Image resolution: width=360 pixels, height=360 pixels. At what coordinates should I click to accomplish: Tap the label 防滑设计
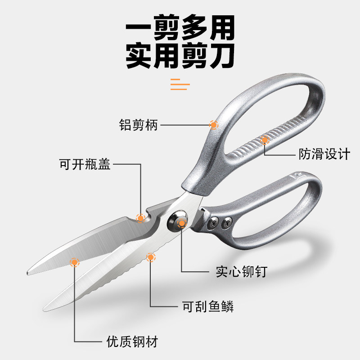(x=324, y=154)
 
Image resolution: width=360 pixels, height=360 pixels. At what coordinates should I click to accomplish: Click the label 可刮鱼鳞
(x=208, y=307)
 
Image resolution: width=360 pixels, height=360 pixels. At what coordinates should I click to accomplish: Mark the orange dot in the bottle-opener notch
(x=140, y=218)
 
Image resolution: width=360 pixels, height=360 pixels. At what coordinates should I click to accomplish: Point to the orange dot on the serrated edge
(x=150, y=257)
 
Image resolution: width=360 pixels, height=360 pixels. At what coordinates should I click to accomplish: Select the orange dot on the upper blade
(x=74, y=261)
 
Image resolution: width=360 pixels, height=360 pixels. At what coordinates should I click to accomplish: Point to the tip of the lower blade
(x=45, y=309)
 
